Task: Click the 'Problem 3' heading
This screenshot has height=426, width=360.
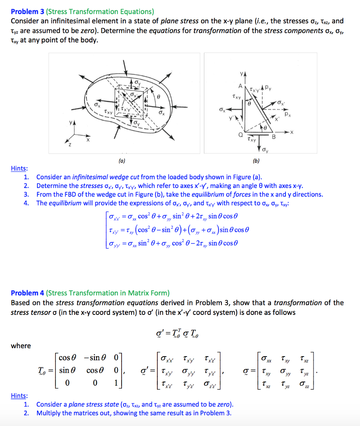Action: tap(27, 11)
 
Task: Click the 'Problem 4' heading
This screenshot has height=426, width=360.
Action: tap(27, 293)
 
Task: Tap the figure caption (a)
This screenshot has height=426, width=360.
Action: tap(121, 159)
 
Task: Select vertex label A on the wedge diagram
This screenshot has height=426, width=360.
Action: tap(240, 85)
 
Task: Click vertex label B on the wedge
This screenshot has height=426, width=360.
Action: tap(273, 137)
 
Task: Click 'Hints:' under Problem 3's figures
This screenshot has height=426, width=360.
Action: tap(19, 168)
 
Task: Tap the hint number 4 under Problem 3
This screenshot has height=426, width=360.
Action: tap(26, 203)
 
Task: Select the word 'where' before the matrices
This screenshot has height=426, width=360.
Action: tap(21, 345)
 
